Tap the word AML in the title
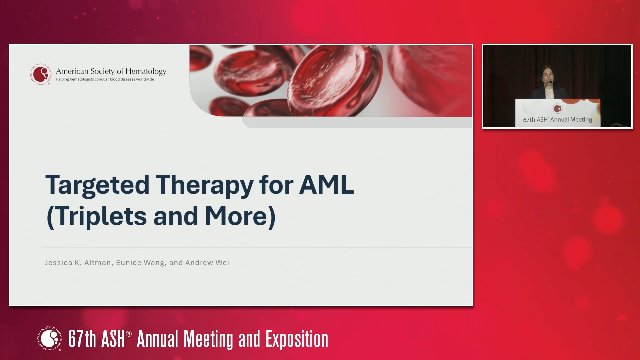click(326, 184)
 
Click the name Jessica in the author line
click(59, 263)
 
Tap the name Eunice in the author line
click(128, 263)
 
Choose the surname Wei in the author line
click(222, 263)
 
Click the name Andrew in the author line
click(199, 263)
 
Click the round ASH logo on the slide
click(41, 74)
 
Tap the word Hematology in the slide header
click(146, 71)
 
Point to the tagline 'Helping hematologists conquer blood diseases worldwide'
click(105, 79)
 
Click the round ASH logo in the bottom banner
click(50, 339)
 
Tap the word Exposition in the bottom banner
click(297, 339)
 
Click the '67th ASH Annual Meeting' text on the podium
click(557, 120)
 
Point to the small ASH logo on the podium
click(558, 108)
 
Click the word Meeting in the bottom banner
click(208, 339)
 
